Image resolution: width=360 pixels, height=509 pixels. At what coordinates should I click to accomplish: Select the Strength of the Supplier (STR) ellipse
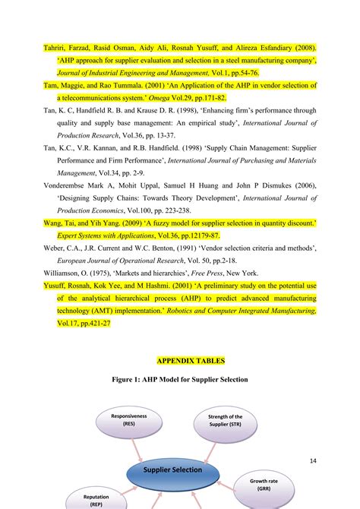click(225, 421)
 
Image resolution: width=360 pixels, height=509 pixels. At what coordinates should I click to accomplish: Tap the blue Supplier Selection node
click(171, 469)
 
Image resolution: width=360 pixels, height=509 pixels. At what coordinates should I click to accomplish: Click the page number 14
click(314, 461)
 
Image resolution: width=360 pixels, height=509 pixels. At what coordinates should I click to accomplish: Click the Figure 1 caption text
click(179, 379)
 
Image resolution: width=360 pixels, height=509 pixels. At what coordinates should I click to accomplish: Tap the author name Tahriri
click(55, 48)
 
